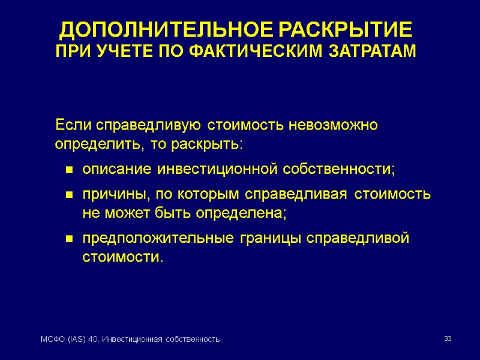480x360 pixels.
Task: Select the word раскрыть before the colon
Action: click(x=211, y=146)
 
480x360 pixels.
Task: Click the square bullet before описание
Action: click(x=69, y=171)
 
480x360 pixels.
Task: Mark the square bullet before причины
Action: click(x=69, y=196)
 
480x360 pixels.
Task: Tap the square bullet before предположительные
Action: click(x=69, y=239)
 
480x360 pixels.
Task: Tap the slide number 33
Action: click(x=447, y=340)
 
